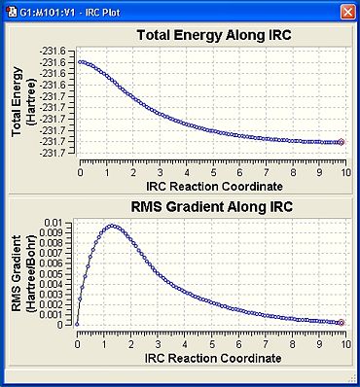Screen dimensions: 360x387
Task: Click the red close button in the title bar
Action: point(348,13)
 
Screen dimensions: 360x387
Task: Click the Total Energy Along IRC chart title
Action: point(214,35)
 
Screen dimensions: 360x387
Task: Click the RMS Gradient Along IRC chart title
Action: point(212,207)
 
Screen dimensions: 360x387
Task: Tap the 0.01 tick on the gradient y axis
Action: point(54,223)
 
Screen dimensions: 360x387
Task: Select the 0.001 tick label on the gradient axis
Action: point(52,314)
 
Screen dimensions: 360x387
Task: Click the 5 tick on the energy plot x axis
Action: point(213,172)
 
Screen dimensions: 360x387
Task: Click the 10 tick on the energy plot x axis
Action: point(346,172)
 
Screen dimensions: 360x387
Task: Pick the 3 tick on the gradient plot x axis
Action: point(158,344)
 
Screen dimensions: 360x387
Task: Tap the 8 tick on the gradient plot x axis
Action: point(293,344)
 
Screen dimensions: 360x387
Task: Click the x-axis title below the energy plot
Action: point(214,187)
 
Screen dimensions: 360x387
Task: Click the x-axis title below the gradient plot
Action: point(213,358)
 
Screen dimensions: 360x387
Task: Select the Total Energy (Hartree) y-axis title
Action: point(23,102)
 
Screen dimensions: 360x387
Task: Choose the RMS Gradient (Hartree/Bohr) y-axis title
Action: point(23,273)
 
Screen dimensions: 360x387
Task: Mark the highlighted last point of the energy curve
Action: point(342,142)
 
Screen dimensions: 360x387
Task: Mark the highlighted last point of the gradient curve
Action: point(342,323)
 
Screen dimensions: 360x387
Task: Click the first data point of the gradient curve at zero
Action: point(77,324)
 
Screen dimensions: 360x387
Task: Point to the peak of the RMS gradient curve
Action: point(112,226)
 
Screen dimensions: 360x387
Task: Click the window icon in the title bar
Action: point(12,13)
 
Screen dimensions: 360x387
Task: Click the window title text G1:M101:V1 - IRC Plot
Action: point(70,13)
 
